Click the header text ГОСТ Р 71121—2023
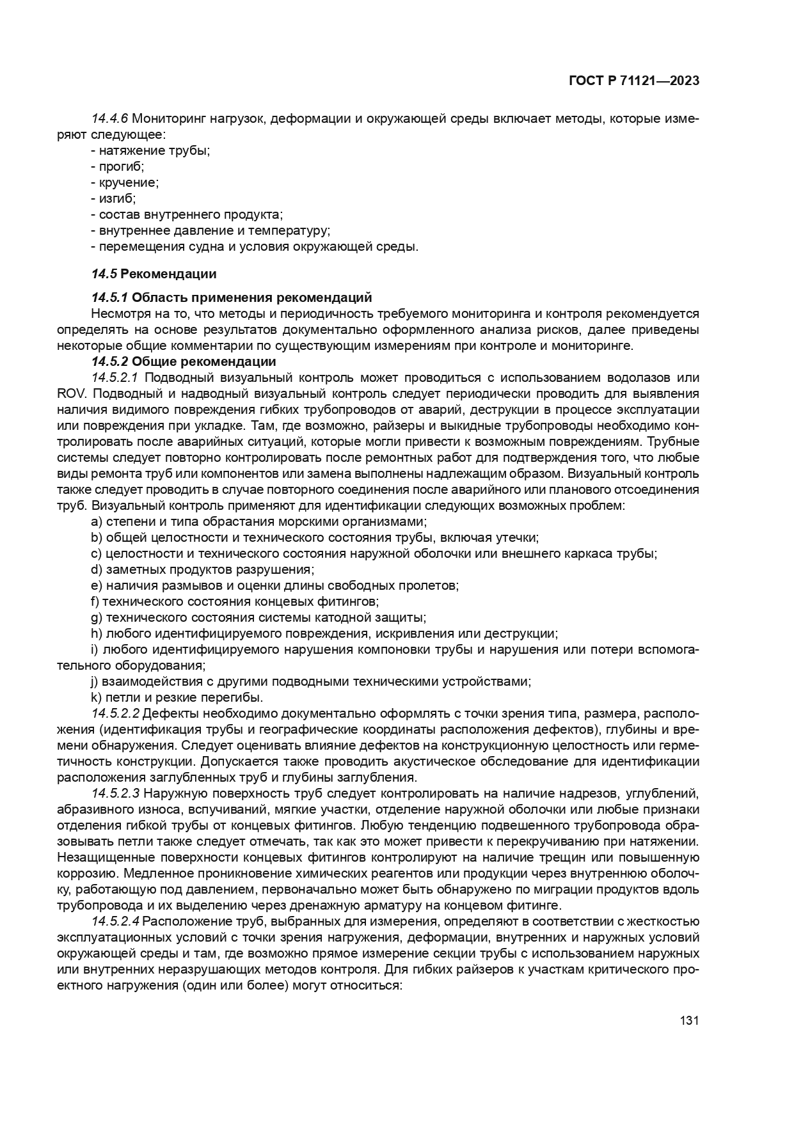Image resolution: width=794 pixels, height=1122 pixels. pyautogui.click(x=633, y=81)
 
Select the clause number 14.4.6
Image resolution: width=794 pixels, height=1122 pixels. pyautogui.click(x=110, y=119)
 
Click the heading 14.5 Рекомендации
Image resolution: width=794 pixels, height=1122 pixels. pyautogui.click(x=154, y=274)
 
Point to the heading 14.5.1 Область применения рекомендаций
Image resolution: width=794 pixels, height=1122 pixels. pyautogui.click(x=231, y=297)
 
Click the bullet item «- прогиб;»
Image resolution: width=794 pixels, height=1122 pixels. pyautogui.click(x=118, y=167)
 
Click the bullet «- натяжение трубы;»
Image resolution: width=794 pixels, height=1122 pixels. pyautogui.click(x=150, y=151)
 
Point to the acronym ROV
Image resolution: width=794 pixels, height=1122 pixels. pyautogui.click(x=70, y=393)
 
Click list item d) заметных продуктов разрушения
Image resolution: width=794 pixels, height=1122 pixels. pyautogui.click(x=203, y=569)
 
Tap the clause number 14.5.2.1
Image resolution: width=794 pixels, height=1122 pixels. pyautogui.click(x=116, y=377)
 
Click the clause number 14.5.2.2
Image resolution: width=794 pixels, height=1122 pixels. pyautogui.click(x=116, y=713)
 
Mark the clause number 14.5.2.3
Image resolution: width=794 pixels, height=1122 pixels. pyautogui.click(x=116, y=794)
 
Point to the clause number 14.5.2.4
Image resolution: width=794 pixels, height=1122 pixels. pyautogui.click(x=116, y=922)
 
